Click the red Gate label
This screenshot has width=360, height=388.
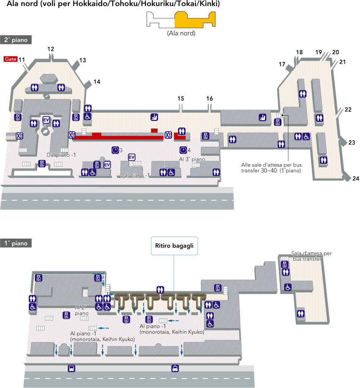tap(10, 59)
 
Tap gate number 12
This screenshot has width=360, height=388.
tap(51, 49)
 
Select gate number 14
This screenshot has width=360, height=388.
tap(97, 82)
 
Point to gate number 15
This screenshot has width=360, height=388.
tap(181, 99)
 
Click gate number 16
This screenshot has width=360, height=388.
tap(210, 99)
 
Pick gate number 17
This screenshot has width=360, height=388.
tap(282, 64)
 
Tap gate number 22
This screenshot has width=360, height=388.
tap(348, 110)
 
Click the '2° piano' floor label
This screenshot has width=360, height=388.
tap(16, 40)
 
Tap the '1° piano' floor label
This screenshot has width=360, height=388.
tap(16, 243)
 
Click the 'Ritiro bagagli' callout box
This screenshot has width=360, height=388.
tap(174, 246)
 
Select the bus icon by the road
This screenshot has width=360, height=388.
tap(71, 368)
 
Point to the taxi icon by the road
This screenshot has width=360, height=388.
tap(175, 368)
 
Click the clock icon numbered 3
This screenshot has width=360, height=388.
tap(115, 150)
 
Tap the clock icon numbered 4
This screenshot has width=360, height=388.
tap(183, 150)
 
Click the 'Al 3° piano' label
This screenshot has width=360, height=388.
tap(192, 159)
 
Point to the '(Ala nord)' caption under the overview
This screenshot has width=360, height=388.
tap(181, 33)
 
